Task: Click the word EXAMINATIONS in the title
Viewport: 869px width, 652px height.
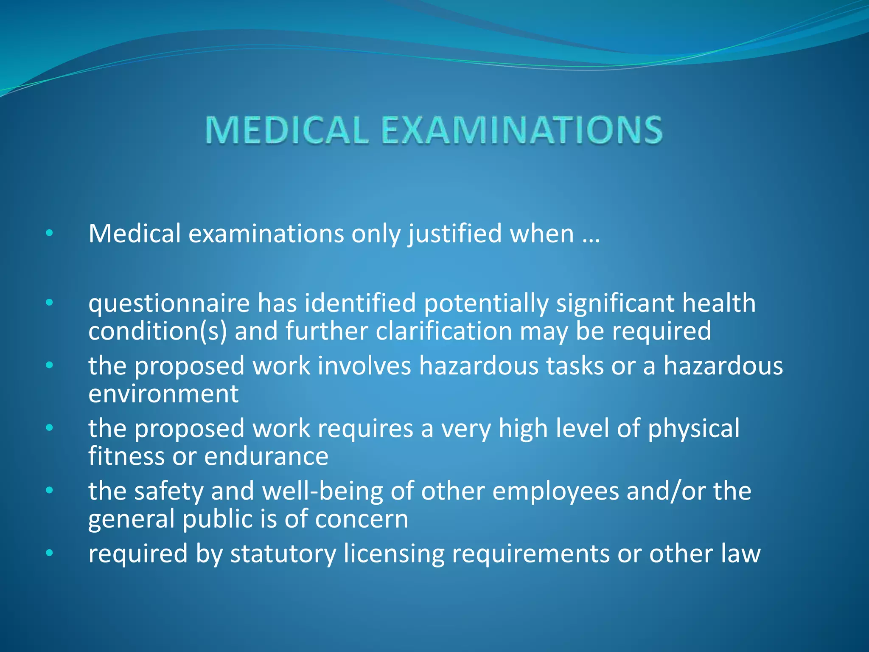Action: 521,130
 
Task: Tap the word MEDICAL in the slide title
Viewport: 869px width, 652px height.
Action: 287,130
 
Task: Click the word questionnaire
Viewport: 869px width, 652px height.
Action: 169,304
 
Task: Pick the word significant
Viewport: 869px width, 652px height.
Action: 615,304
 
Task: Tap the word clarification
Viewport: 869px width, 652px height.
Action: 444,331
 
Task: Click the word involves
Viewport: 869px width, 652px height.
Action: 364,366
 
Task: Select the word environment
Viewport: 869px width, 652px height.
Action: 163,394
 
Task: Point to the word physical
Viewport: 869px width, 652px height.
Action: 694,429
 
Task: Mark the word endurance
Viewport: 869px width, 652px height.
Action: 266,457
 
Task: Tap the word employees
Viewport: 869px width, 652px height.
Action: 556,492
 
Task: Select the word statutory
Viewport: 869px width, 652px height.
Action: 283,554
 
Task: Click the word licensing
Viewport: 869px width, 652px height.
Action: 394,554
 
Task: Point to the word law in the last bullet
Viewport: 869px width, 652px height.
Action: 740,554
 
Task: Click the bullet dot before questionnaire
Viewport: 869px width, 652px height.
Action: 50,303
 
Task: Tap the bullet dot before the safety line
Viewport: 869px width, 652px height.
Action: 50,491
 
